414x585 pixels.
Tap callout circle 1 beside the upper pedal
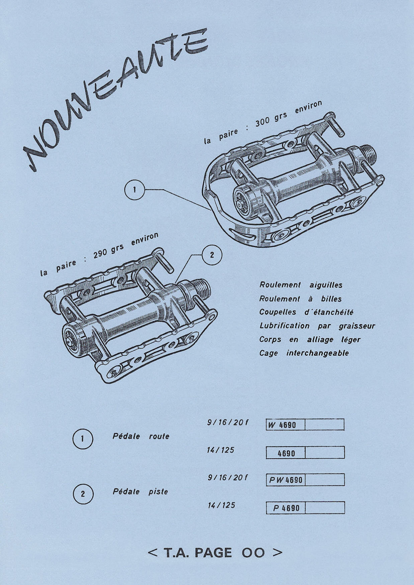134,190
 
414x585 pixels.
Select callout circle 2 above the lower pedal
212,255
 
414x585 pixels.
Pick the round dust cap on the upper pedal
242,202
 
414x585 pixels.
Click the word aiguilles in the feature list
326,285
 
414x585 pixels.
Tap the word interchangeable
317,353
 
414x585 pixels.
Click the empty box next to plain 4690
325,453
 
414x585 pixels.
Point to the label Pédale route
141,436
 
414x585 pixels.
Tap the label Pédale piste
140,492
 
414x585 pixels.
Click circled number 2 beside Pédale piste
83,494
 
